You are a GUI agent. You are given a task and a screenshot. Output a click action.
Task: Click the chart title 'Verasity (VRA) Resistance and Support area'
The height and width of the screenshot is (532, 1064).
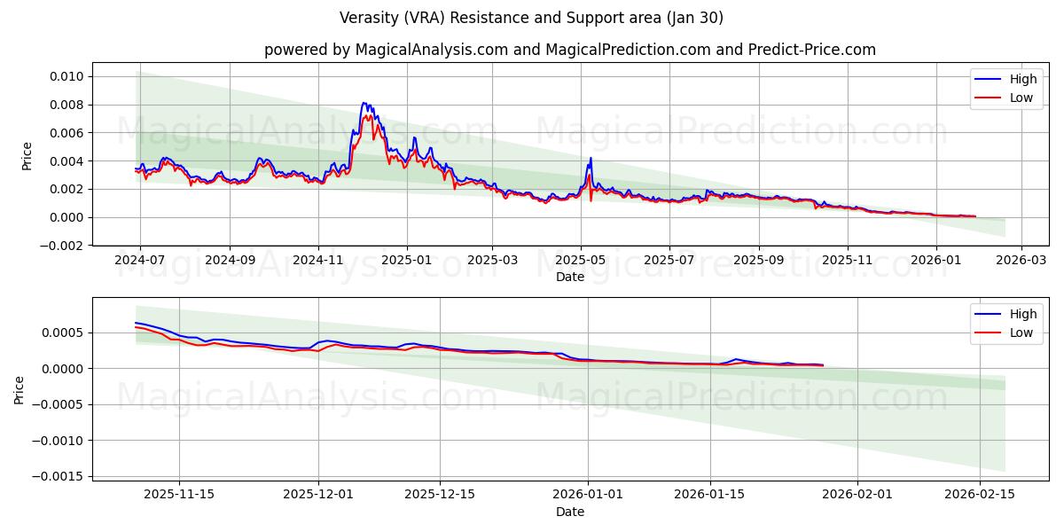click(531, 18)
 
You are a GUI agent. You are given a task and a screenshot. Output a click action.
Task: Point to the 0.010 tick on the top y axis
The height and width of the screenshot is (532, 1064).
click(66, 76)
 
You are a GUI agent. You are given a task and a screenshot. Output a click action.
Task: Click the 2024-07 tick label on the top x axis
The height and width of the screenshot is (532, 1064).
click(140, 262)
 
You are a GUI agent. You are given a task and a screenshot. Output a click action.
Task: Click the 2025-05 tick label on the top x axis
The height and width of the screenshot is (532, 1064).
click(581, 262)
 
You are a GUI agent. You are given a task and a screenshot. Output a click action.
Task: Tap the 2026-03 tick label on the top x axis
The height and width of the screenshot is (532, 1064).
click(1021, 262)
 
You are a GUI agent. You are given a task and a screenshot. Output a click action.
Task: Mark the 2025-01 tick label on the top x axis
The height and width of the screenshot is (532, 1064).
click(406, 262)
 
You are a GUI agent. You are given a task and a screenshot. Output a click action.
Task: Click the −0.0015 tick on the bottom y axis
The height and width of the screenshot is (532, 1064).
click(59, 476)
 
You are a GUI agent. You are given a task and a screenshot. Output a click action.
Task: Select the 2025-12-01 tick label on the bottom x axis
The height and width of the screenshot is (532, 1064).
click(318, 494)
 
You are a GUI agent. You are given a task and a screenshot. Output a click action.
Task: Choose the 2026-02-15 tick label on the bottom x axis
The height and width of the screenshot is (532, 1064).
click(979, 494)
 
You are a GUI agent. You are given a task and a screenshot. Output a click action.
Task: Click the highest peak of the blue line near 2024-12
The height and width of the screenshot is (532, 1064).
click(364, 103)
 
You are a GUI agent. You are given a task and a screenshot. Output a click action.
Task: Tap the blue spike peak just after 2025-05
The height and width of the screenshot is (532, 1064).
click(591, 159)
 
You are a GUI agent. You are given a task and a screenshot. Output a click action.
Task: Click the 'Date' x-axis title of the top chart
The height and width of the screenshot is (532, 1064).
click(569, 277)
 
